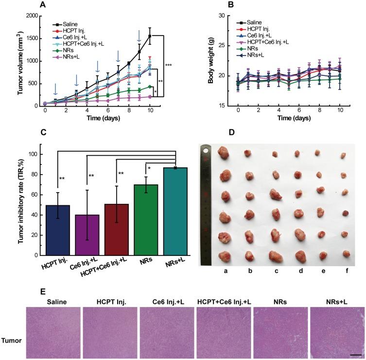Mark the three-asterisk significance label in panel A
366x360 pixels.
pyautogui.click(x=169, y=65)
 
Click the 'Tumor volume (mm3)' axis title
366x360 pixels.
pyautogui.click(x=7, y=60)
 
